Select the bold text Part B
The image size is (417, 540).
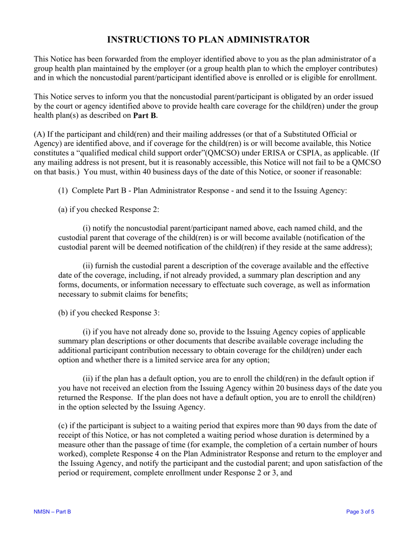pos(145,116)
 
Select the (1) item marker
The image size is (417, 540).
pos(63,191)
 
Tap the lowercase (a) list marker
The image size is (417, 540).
pos(63,210)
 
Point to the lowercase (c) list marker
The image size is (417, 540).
pos(63,426)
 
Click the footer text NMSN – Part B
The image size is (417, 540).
pos(52,512)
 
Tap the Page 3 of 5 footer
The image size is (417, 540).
pos(360,512)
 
